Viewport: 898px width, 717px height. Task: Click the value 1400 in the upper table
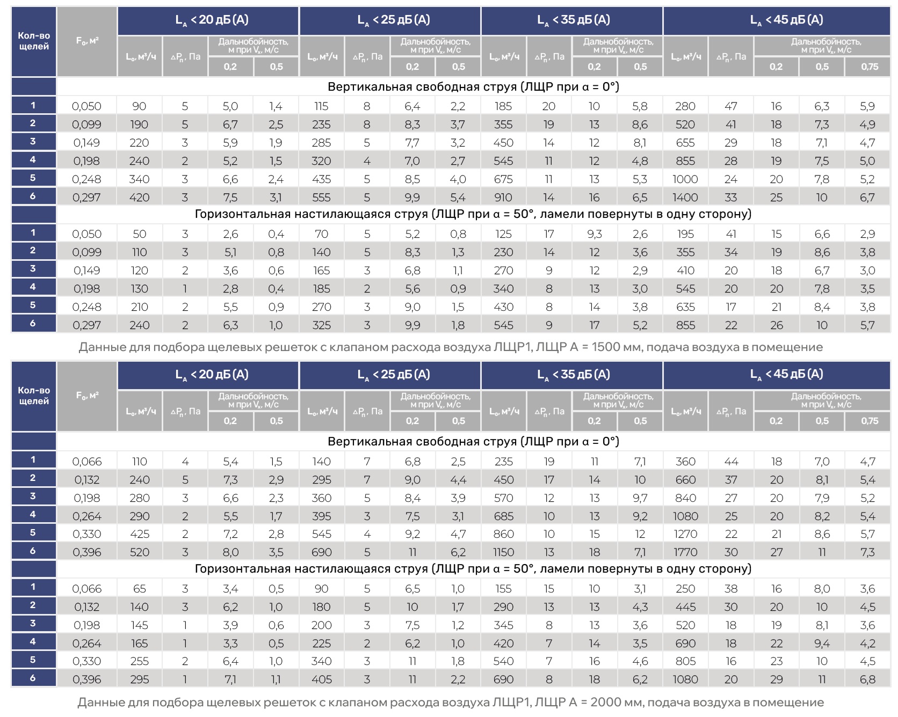click(685, 197)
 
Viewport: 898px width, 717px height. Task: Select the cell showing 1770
click(685, 552)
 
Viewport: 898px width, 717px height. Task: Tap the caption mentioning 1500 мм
click(450, 347)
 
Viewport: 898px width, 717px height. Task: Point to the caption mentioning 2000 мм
click(450, 702)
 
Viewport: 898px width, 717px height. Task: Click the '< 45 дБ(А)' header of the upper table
click(786, 20)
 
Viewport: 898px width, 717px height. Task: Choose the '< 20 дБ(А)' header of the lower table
click(212, 375)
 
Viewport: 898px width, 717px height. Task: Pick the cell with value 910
click(503, 197)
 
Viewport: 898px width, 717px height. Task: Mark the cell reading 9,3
click(594, 234)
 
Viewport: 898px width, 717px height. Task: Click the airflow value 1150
click(503, 552)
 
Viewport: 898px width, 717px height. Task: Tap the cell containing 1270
click(685, 534)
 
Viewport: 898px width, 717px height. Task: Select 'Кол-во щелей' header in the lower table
click(34, 396)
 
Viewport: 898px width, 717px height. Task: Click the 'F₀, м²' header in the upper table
click(87, 41)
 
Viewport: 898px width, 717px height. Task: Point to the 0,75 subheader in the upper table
click(869, 67)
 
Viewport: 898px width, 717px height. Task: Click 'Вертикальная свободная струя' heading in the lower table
click(473, 442)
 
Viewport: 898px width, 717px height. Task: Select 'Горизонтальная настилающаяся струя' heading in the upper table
click(473, 214)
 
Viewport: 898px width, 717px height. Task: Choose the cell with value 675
click(503, 179)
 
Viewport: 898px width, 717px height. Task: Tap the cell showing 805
click(685, 661)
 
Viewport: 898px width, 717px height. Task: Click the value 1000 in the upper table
click(685, 179)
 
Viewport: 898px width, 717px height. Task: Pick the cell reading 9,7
click(640, 498)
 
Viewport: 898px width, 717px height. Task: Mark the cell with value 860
click(503, 534)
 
